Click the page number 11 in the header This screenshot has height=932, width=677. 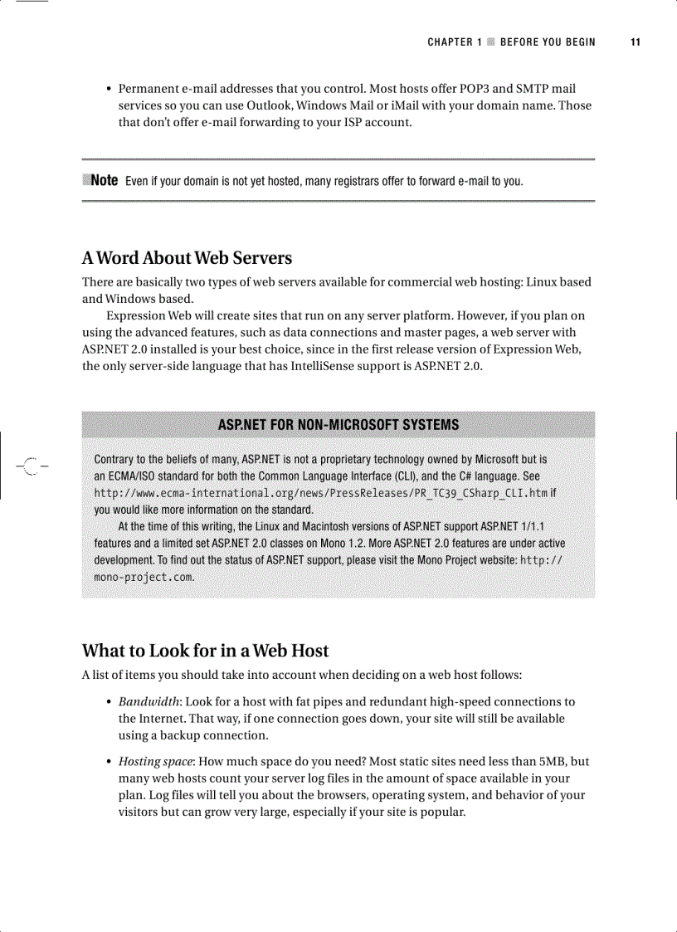click(636, 42)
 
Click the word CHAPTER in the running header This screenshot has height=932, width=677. click(451, 42)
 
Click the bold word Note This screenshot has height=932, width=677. click(104, 180)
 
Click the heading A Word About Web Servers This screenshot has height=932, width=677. click(187, 258)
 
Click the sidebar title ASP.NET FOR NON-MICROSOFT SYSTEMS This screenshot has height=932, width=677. click(338, 425)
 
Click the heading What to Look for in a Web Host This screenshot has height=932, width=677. click(205, 651)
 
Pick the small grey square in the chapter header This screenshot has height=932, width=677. click(491, 42)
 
